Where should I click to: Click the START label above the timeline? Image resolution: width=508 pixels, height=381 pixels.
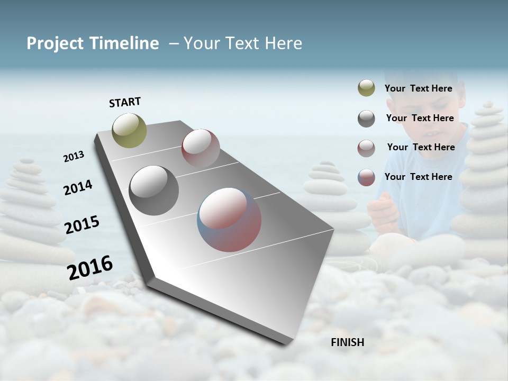(x=125, y=102)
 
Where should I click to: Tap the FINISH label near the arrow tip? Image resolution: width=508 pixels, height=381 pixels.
(x=348, y=342)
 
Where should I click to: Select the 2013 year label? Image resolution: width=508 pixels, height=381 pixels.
(x=74, y=157)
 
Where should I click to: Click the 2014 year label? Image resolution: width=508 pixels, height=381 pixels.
(x=78, y=187)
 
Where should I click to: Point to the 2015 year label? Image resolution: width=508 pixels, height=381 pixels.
(x=82, y=225)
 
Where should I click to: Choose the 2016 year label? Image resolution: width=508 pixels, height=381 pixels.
(x=90, y=267)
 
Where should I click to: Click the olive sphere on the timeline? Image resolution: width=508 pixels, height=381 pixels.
(x=129, y=130)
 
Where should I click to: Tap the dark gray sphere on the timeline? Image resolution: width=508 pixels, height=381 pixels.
(x=153, y=190)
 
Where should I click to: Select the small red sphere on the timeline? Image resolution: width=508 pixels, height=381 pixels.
(x=201, y=148)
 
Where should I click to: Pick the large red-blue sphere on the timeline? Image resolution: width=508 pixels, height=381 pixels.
(x=229, y=220)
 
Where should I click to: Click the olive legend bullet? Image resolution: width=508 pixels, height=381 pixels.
(x=366, y=88)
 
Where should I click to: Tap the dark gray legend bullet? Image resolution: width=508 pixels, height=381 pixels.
(x=366, y=119)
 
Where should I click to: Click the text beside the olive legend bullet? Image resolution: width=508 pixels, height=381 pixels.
(x=419, y=88)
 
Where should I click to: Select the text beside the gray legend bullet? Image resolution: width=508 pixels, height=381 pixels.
(x=420, y=118)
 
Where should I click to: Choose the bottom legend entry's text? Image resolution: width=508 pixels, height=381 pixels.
(x=419, y=177)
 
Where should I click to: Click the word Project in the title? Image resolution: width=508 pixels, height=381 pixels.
(x=56, y=43)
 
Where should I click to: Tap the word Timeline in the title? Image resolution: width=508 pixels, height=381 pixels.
(x=124, y=43)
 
